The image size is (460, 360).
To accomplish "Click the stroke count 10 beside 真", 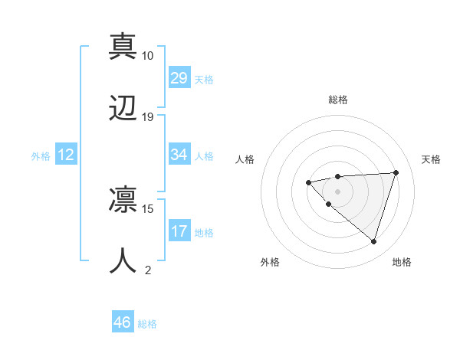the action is pos(148,56).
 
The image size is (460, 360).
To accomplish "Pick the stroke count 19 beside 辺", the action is pos(148,117).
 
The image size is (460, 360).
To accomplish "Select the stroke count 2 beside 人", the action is pos(148,270).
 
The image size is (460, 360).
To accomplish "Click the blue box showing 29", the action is pos(179,78).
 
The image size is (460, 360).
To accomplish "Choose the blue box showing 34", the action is pos(179,155).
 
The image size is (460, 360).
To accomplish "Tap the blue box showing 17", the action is pos(179,231).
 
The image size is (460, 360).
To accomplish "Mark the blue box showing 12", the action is pos(66,155).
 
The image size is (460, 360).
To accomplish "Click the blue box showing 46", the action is pos(123,322).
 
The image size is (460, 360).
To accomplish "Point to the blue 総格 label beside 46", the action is pos(147,324).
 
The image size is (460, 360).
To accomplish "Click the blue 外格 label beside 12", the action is pos(41,156).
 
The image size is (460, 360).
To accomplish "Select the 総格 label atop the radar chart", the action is pos(337,100).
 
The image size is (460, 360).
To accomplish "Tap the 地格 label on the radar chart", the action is pos(402,262).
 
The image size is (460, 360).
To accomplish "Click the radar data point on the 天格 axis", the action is pos(396,172).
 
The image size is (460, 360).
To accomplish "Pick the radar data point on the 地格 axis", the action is pos(373,241).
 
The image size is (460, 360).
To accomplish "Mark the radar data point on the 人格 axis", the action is pos(308,182).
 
